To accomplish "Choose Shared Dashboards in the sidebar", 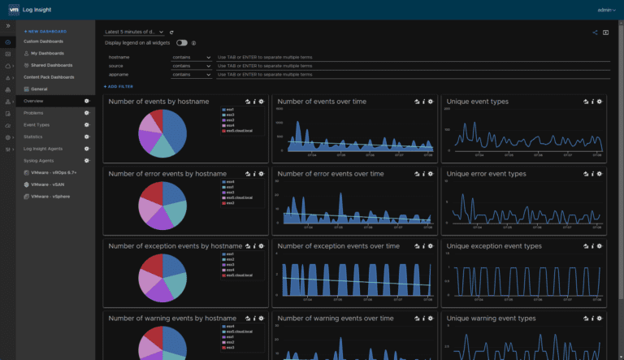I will click(50, 65).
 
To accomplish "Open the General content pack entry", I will click(40, 89).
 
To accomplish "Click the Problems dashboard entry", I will click(34, 113).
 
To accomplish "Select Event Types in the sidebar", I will click(37, 125).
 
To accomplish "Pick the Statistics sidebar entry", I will click(33, 137).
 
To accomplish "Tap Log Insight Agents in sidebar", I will click(43, 149).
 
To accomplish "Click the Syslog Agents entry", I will click(38, 161).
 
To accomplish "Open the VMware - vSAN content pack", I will click(49, 184).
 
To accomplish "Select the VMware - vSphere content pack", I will click(51, 196).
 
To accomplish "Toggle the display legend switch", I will click(181, 42).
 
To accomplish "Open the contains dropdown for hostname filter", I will click(191, 58).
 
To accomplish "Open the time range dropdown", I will click(134, 32).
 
